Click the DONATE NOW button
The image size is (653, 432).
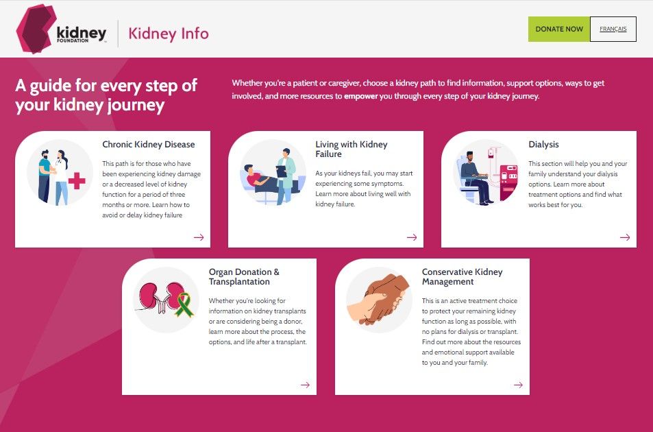tap(559, 29)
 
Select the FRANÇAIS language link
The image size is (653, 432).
tap(613, 29)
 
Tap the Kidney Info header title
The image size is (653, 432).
tap(169, 33)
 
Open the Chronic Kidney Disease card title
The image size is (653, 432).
tap(149, 145)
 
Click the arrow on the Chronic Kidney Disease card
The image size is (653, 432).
tap(199, 237)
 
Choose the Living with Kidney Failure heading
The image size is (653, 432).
tap(351, 149)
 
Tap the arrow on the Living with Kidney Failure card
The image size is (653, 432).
tap(412, 237)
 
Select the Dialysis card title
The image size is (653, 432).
tap(543, 145)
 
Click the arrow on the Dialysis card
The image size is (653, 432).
tap(625, 237)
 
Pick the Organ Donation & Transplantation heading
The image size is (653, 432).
tap(244, 277)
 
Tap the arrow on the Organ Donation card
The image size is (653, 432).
tap(306, 385)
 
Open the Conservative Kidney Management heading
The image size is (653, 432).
tap(462, 277)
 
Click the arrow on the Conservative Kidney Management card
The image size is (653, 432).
tap(519, 385)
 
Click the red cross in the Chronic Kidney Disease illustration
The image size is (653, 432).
tap(77, 181)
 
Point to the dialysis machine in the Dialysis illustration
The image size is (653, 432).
tap(508, 180)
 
